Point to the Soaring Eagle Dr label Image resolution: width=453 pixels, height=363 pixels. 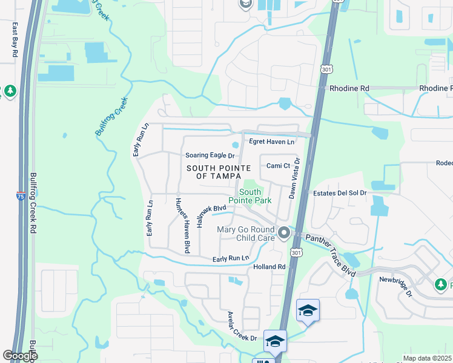pos(210,155)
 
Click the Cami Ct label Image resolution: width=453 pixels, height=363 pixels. pos(279,165)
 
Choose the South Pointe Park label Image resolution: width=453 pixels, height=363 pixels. pos(245,196)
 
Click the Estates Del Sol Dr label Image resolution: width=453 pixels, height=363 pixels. pos(340,193)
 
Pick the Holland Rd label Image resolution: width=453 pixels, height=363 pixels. pos(269,266)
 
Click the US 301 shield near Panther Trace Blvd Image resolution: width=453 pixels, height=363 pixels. pos(296,252)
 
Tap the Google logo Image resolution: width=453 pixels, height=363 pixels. pos(20,356)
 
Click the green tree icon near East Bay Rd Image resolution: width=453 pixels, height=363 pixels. pos(10,91)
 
